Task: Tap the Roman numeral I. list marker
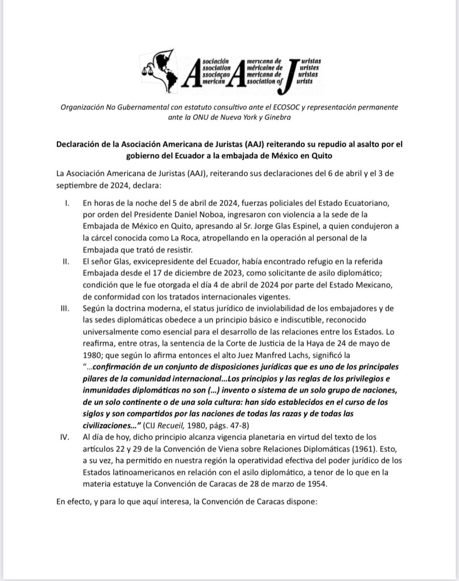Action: tap(66, 203)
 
